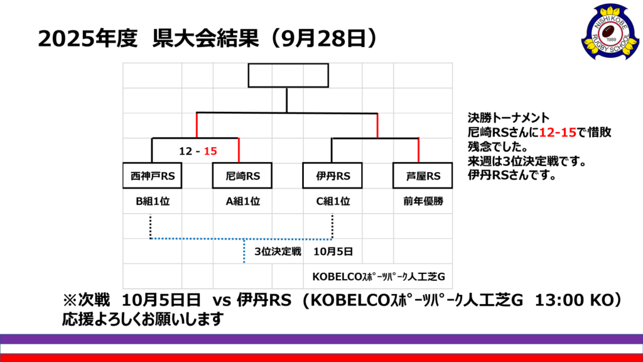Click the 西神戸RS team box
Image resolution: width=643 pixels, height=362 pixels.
(x=153, y=177)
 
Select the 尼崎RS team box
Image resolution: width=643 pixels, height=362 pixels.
(x=242, y=177)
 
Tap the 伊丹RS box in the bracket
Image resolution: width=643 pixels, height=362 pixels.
(x=332, y=177)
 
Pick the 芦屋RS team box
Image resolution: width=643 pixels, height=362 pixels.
(x=423, y=177)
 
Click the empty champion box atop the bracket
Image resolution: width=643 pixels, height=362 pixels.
(x=288, y=76)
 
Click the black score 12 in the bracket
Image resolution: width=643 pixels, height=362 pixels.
(x=185, y=151)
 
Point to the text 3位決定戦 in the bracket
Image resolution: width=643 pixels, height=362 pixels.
(x=278, y=251)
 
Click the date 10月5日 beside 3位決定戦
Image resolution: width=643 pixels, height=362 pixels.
(x=332, y=251)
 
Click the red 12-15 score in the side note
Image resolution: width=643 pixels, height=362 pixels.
(x=558, y=133)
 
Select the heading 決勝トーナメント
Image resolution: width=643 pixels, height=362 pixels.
(x=509, y=118)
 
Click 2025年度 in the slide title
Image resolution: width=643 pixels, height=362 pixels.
(x=87, y=39)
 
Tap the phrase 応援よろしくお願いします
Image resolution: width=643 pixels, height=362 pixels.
(x=143, y=319)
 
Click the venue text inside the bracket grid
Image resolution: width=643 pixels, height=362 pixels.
(x=378, y=276)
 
